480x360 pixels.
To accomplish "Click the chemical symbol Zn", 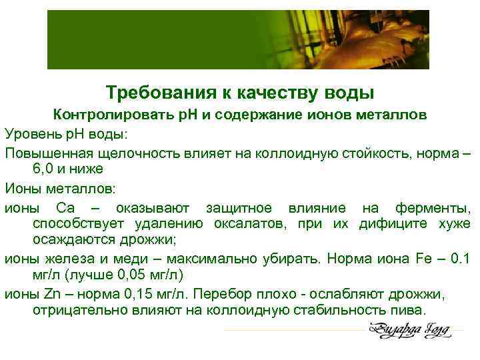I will [x=52, y=293].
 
